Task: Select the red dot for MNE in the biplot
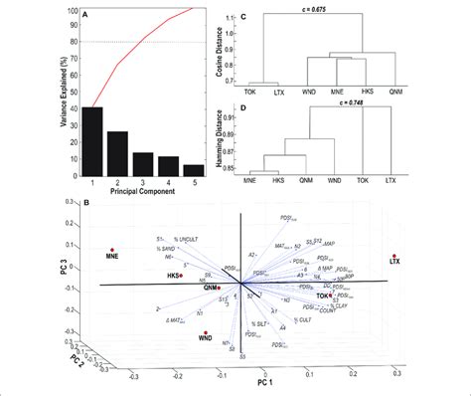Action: point(112,250)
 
